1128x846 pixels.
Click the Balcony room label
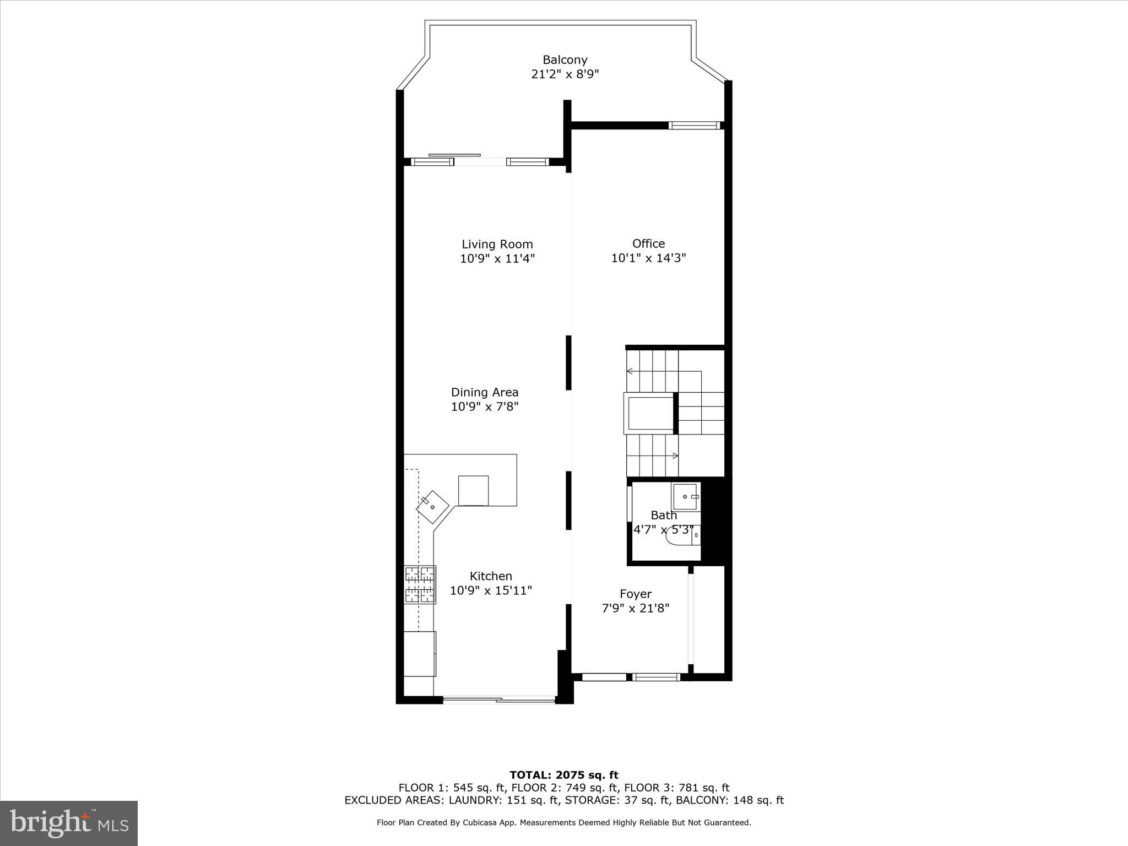click(565, 59)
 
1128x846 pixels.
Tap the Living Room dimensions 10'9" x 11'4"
click(497, 258)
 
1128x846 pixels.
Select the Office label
click(648, 243)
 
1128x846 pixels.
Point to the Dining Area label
click(485, 392)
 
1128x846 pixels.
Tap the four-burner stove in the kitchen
click(420, 584)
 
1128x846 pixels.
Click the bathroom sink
click(686, 497)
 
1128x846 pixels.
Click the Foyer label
click(636, 594)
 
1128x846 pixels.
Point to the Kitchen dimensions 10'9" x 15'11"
click(491, 590)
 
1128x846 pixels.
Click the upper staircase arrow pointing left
click(630, 371)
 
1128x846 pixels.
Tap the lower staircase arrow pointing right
click(675, 455)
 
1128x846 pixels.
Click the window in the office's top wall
click(694, 126)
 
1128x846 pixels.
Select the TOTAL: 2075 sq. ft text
click(564, 775)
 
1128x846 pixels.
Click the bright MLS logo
click(69, 823)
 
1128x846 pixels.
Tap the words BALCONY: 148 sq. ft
click(729, 800)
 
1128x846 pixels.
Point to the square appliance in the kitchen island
click(473, 490)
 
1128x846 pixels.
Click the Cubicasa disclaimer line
click(564, 822)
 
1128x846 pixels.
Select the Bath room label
click(664, 515)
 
